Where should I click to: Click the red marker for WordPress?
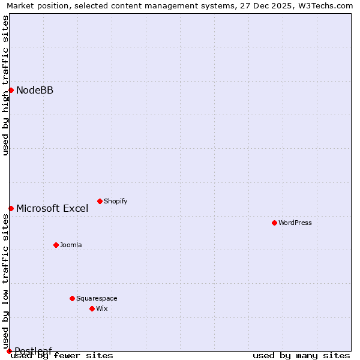point(274,223)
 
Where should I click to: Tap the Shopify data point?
point(100,201)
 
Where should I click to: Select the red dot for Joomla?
point(56,245)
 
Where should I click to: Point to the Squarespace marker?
point(72,298)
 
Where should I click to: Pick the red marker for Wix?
point(92,308)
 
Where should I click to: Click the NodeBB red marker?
point(11,91)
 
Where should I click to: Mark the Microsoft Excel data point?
point(11,208)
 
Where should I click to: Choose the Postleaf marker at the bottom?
point(9,351)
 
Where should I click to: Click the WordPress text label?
point(295,223)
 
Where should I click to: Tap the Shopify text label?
point(116,202)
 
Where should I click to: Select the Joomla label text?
point(71,245)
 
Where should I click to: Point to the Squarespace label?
point(97,299)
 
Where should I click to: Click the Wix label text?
point(102,309)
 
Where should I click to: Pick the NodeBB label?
point(35,91)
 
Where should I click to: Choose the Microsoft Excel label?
point(52,209)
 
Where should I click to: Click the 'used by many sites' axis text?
point(301,356)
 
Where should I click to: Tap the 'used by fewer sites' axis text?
point(62,356)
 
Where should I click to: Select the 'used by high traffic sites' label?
point(5,85)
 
